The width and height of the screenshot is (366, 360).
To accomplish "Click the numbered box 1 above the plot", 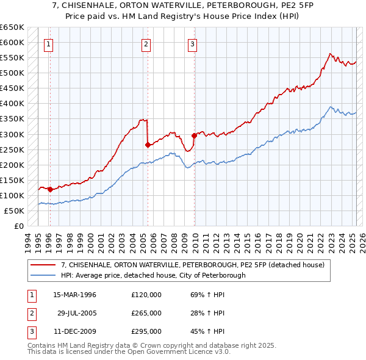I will [48, 43].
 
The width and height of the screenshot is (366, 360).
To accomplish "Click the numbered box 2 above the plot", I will [146, 43].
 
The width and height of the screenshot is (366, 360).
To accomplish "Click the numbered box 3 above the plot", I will [192, 43].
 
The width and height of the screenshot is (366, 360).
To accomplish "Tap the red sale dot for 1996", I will [50, 189].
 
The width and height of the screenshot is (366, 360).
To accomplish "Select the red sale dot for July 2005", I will [148, 145].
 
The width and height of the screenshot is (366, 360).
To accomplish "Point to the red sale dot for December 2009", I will [194, 135].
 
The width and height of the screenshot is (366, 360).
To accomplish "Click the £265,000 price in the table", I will [146, 313].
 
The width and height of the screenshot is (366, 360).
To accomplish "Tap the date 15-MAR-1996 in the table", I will [75, 295].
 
